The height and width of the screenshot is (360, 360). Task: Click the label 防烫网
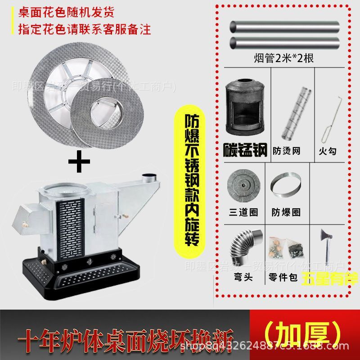point(287,150)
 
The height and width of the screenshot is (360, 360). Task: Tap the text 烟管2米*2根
point(283,58)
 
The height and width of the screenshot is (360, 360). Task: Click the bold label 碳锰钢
point(246,149)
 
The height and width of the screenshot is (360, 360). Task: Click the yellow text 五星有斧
point(330,278)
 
